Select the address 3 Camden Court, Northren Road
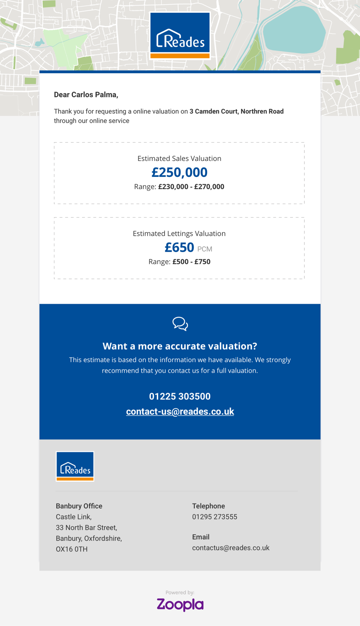236,111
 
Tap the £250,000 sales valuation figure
179,173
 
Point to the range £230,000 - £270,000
191,187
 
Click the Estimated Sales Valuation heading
179,159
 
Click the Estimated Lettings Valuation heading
179,233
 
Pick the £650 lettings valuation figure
179,247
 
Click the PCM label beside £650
205,249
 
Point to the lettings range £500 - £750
191,262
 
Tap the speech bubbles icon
180,324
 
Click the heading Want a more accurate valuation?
180,346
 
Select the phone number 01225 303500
180,396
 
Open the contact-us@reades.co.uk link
180,411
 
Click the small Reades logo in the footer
75,466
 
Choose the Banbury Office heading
79,506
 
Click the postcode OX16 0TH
72,549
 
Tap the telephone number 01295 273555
215,517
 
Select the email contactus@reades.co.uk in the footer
231,548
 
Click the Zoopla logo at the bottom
180,604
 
